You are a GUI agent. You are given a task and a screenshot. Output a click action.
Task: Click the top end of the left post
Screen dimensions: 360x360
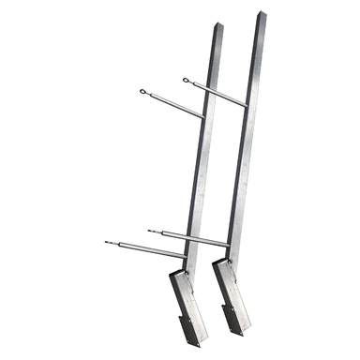[219, 26]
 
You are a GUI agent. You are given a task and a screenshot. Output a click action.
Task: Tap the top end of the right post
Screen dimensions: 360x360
[260, 16]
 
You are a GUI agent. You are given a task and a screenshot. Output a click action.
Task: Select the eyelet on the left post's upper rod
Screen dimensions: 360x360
[142, 92]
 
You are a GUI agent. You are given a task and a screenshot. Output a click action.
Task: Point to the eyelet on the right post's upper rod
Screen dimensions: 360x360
[187, 81]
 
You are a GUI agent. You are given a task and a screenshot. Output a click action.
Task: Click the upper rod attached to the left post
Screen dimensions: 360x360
[174, 104]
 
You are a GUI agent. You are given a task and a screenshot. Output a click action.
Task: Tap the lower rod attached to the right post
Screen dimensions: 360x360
[192, 237]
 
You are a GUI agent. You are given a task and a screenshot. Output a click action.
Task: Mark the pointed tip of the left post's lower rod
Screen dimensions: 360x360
[107, 242]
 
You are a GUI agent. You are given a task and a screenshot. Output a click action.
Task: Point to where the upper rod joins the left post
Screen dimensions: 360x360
[203, 116]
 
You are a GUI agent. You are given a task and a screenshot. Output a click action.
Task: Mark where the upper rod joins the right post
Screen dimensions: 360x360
[246, 104]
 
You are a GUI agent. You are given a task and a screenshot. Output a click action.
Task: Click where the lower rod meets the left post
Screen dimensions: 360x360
[186, 256]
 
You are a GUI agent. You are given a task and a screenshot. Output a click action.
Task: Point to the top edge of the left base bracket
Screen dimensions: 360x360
[179, 273]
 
